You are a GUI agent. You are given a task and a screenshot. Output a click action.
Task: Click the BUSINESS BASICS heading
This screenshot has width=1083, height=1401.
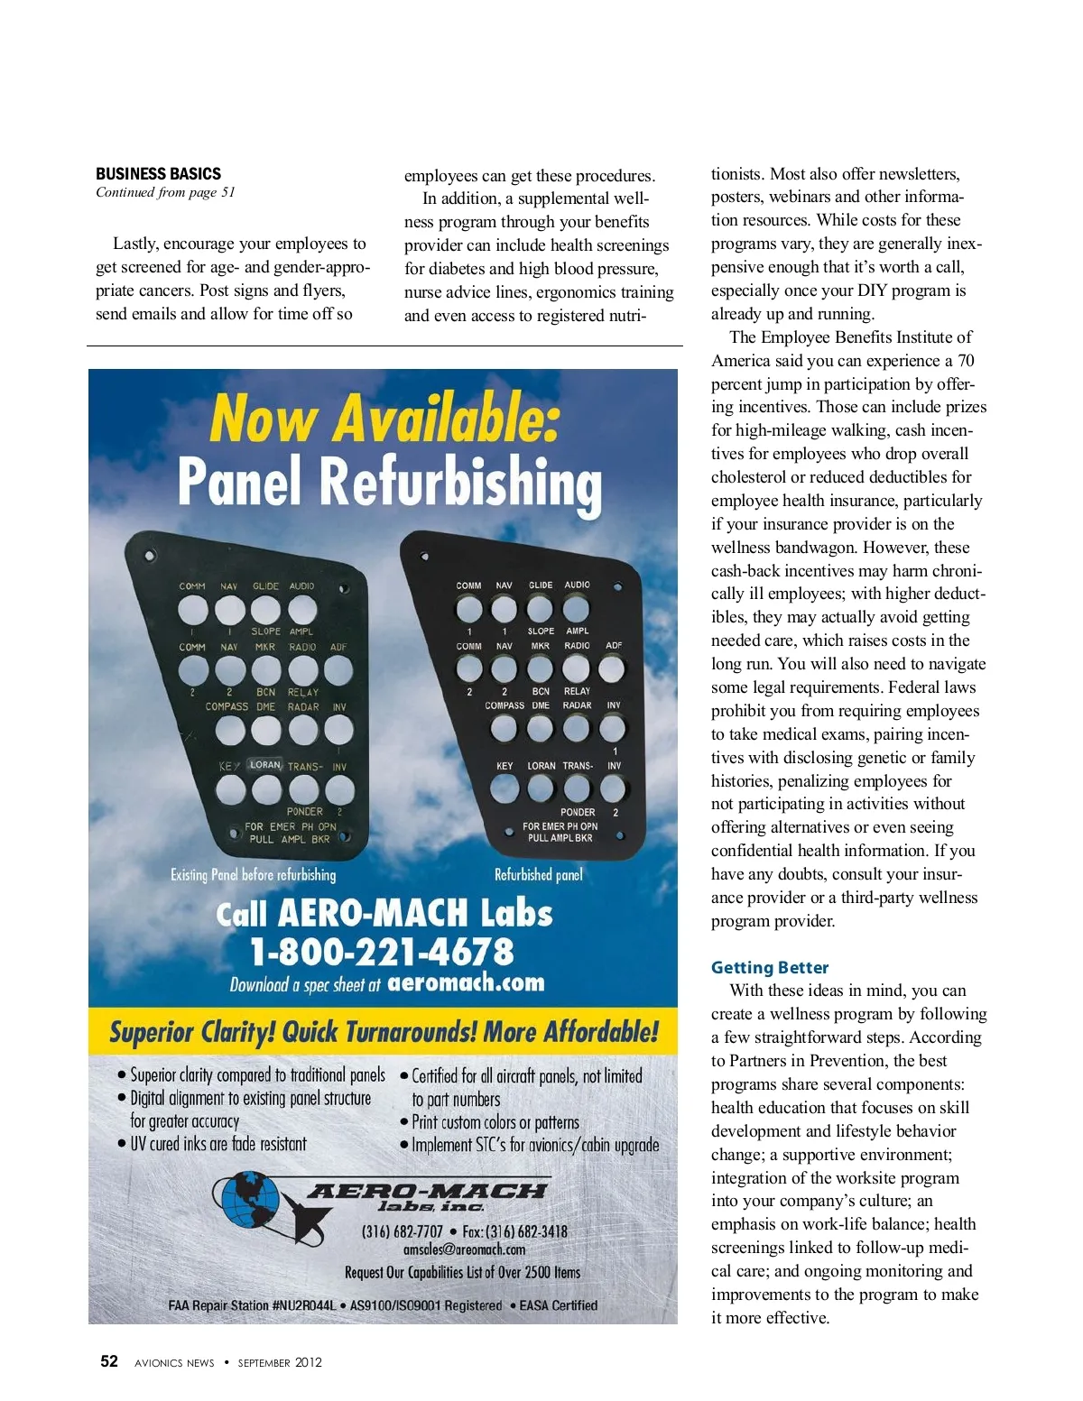pyautogui.click(x=158, y=174)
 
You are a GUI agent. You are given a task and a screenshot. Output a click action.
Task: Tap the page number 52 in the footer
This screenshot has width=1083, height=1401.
pyautogui.click(x=108, y=1361)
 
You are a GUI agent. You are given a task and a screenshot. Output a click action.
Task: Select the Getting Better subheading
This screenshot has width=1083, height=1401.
pyautogui.click(x=769, y=967)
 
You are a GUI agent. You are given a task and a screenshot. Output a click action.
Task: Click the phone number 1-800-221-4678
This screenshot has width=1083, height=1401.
pyautogui.click(x=382, y=951)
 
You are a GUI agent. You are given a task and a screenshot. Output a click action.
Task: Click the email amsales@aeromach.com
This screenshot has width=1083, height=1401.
pyautogui.click(x=464, y=1249)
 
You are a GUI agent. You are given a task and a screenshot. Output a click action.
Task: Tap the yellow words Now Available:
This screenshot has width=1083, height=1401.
pyautogui.click(x=384, y=419)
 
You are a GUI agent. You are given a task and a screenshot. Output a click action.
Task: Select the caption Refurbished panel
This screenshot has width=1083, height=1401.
pyautogui.click(x=538, y=874)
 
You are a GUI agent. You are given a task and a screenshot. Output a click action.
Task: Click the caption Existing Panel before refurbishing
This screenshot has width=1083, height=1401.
pyautogui.click(x=253, y=874)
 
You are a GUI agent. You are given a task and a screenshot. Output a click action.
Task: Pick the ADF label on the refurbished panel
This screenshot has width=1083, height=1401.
pyautogui.click(x=614, y=646)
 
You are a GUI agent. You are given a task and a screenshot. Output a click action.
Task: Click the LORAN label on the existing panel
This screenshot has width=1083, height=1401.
pyautogui.click(x=265, y=765)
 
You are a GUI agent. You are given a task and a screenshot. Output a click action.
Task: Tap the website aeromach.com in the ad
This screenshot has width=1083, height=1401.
pyautogui.click(x=466, y=982)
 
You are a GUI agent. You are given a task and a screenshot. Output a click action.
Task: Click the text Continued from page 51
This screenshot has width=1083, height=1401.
pyautogui.click(x=165, y=192)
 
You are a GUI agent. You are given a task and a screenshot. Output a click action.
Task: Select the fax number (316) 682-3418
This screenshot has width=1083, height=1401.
pyautogui.click(x=514, y=1231)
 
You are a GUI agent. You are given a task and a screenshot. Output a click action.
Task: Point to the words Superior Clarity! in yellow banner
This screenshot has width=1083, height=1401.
pyautogui.click(x=191, y=1032)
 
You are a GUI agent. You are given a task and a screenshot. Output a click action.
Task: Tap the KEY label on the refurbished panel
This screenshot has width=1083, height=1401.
pyautogui.click(x=504, y=766)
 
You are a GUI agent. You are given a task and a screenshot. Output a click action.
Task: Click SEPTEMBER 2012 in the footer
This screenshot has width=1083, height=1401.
pyautogui.click(x=280, y=1362)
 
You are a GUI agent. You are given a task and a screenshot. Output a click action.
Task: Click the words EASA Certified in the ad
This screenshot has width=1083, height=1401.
pyautogui.click(x=558, y=1304)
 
